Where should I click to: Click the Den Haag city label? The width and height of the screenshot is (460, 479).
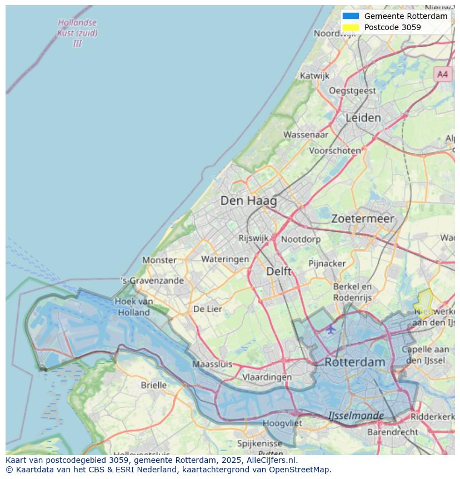[248, 201]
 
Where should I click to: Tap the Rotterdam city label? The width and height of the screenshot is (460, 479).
[354, 362]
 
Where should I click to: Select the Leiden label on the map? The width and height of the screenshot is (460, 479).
[363, 118]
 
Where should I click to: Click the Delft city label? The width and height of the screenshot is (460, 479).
[278, 271]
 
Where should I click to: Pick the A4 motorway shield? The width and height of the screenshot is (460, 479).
[442, 74]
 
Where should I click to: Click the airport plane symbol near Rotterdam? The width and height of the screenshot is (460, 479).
[331, 329]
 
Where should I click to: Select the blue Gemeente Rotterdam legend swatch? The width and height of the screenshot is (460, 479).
[351, 16]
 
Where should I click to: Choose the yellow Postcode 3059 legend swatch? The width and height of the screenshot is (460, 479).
[351, 27]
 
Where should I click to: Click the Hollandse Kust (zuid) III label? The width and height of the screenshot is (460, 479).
[77, 33]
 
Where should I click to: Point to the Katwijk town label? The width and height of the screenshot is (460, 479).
[314, 76]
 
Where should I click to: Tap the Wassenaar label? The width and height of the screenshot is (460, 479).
[306, 135]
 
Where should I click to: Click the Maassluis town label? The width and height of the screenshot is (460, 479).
[212, 364]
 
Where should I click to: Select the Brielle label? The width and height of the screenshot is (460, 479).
[153, 385]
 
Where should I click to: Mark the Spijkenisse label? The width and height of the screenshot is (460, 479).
[259, 443]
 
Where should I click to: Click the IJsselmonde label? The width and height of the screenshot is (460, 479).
[356, 416]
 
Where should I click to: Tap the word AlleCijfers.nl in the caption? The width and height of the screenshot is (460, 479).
[272, 460]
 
